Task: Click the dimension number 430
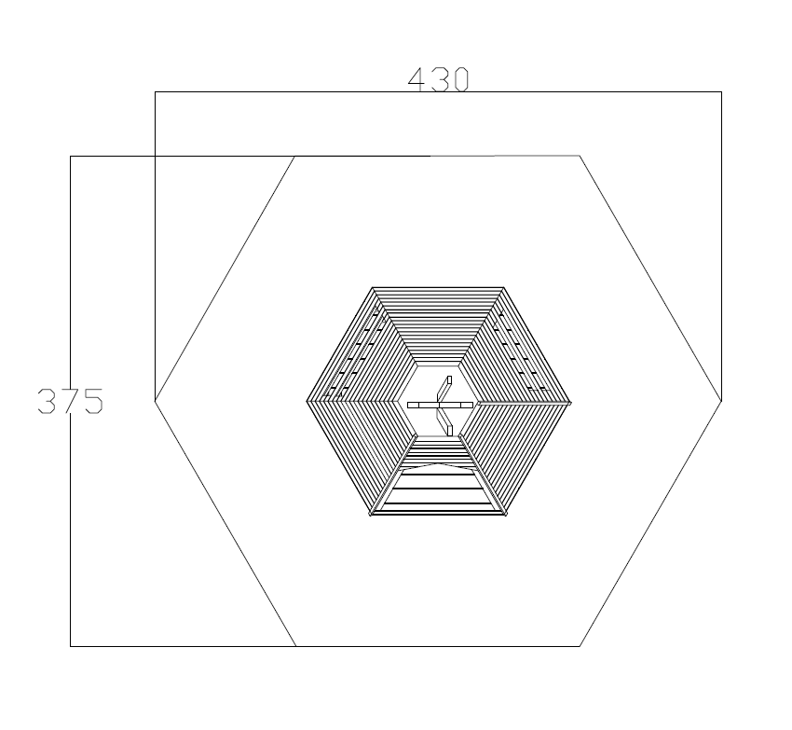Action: click(x=439, y=79)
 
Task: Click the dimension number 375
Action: click(x=71, y=401)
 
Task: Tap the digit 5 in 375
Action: click(x=94, y=401)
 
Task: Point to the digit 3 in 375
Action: click(x=47, y=401)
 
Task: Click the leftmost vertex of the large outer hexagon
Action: click(x=155, y=401)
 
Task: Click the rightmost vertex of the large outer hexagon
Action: click(x=721, y=401)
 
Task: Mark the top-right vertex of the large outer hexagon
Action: click(x=580, y=156)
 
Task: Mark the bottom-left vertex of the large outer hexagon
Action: click(x=296, y=646)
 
